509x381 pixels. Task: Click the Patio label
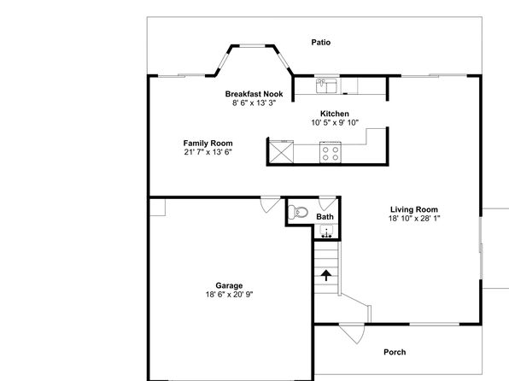(321, 42)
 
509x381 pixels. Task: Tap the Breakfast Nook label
(254, 94)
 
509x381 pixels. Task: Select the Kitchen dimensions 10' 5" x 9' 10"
(335, 122)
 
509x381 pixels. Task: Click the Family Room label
(208, 144)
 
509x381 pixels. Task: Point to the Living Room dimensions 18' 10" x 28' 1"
(414, 219)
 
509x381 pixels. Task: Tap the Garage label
(229, 286)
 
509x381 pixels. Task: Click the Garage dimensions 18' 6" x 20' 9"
(229, 295)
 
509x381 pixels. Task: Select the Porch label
(395, 352)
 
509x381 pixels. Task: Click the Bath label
(325, 217)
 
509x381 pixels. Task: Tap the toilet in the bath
(298, 212)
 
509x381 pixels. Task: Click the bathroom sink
(326, 231)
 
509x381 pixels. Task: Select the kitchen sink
(326, 85)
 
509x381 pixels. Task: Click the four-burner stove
(331, 152)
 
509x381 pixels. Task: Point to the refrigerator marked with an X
(281, 152)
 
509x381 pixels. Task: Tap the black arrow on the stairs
(326, 275)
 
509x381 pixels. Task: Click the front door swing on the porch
(352, 333)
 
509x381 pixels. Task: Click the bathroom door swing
(327, 203)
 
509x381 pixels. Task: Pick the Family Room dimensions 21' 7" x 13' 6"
(208, 152)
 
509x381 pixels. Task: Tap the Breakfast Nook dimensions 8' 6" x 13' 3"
(254, 103)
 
